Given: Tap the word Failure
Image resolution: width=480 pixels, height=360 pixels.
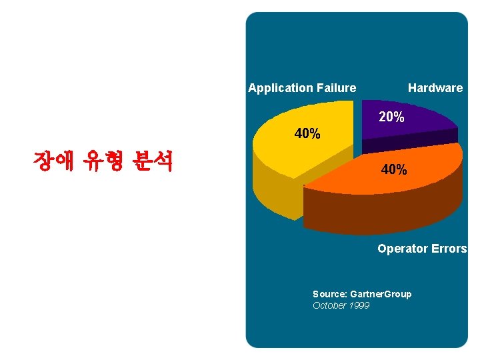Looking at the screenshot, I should (x=336, y=88).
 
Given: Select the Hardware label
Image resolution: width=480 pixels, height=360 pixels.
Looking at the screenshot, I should (x=435, y=88).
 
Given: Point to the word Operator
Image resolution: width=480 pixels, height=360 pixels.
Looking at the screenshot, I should (x=403, y=249).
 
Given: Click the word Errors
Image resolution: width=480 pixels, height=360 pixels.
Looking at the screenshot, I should (x=449, y=249).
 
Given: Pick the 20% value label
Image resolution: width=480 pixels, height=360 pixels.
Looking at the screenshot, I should (x=391, y=117).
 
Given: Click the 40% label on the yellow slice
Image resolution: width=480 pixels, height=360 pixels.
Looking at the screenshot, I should (x=307, y=134).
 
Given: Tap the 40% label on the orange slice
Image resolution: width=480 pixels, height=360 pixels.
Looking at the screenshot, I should (x=394, y=170).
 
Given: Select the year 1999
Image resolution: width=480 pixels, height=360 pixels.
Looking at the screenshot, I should (x=359, y=305).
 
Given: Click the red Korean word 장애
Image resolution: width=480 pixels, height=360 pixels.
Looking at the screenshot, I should (x=53, y=161).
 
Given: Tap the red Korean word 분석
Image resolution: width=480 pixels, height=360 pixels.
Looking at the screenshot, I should (x=153, y=161).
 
